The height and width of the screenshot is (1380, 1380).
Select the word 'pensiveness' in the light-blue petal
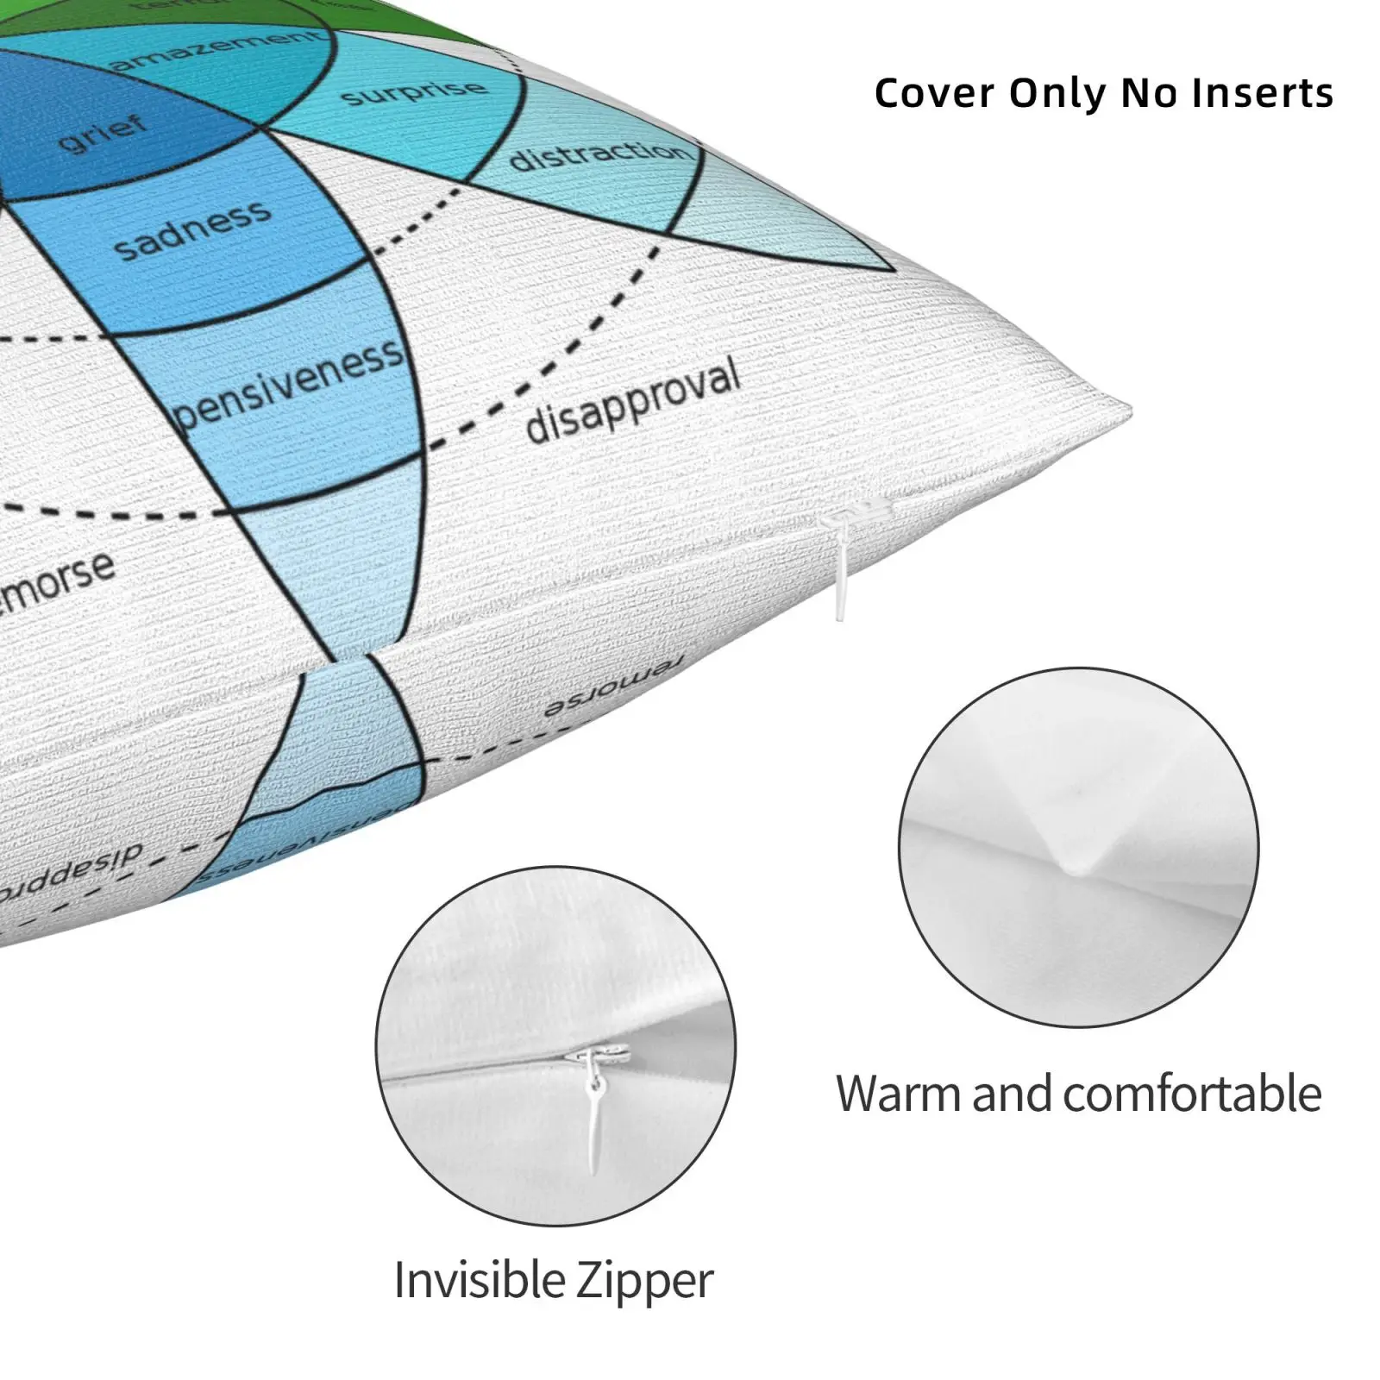click(x=289, y=385)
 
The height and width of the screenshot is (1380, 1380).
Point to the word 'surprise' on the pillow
click(x=414, y=92)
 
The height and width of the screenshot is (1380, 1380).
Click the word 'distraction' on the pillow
click(x=599, y=156)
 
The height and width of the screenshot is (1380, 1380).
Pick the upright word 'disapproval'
click(x=633, y=400)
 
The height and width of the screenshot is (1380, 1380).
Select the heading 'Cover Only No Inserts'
click(x=1103, y=93)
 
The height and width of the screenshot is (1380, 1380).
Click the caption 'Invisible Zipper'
click(x=554, y=1280)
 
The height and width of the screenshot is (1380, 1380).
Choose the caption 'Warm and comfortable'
click(x=1078, y=1094)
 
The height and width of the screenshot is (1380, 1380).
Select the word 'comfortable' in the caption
click(x=1190, y=1094)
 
